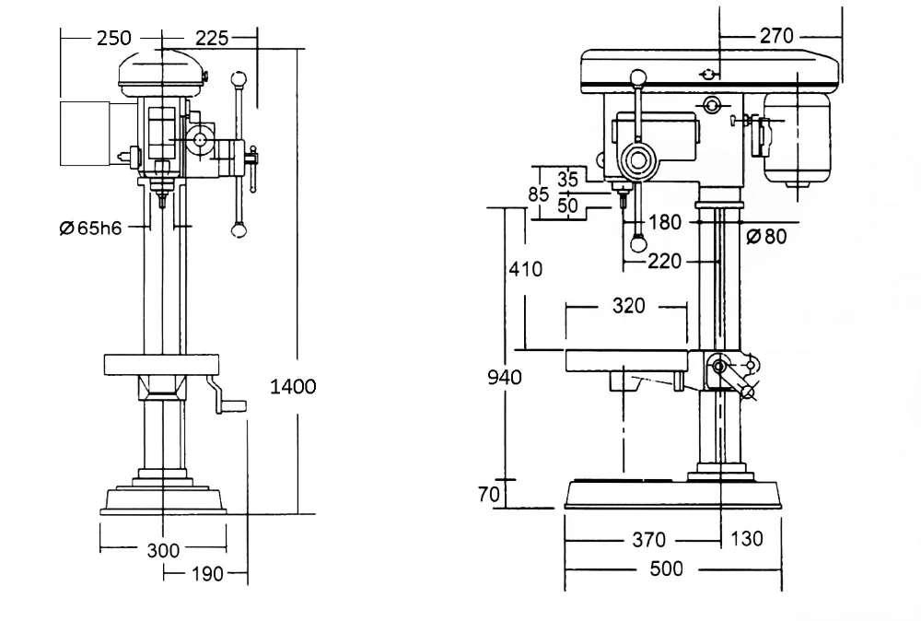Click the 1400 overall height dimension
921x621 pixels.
[x=293, y=387]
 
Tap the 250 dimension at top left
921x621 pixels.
[x=114, y=38]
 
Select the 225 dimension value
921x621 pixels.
[x=212, y=38]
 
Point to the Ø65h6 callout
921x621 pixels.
[x=91, y=228]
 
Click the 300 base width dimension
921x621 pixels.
[x=163, y=550]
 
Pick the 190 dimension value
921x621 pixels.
[x=207, y=573]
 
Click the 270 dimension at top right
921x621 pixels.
[x=776, y=36]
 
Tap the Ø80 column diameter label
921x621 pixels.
[x=766, y=236]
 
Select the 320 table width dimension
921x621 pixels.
[x=628, y=306]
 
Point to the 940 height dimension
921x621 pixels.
[x=505, y=377]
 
